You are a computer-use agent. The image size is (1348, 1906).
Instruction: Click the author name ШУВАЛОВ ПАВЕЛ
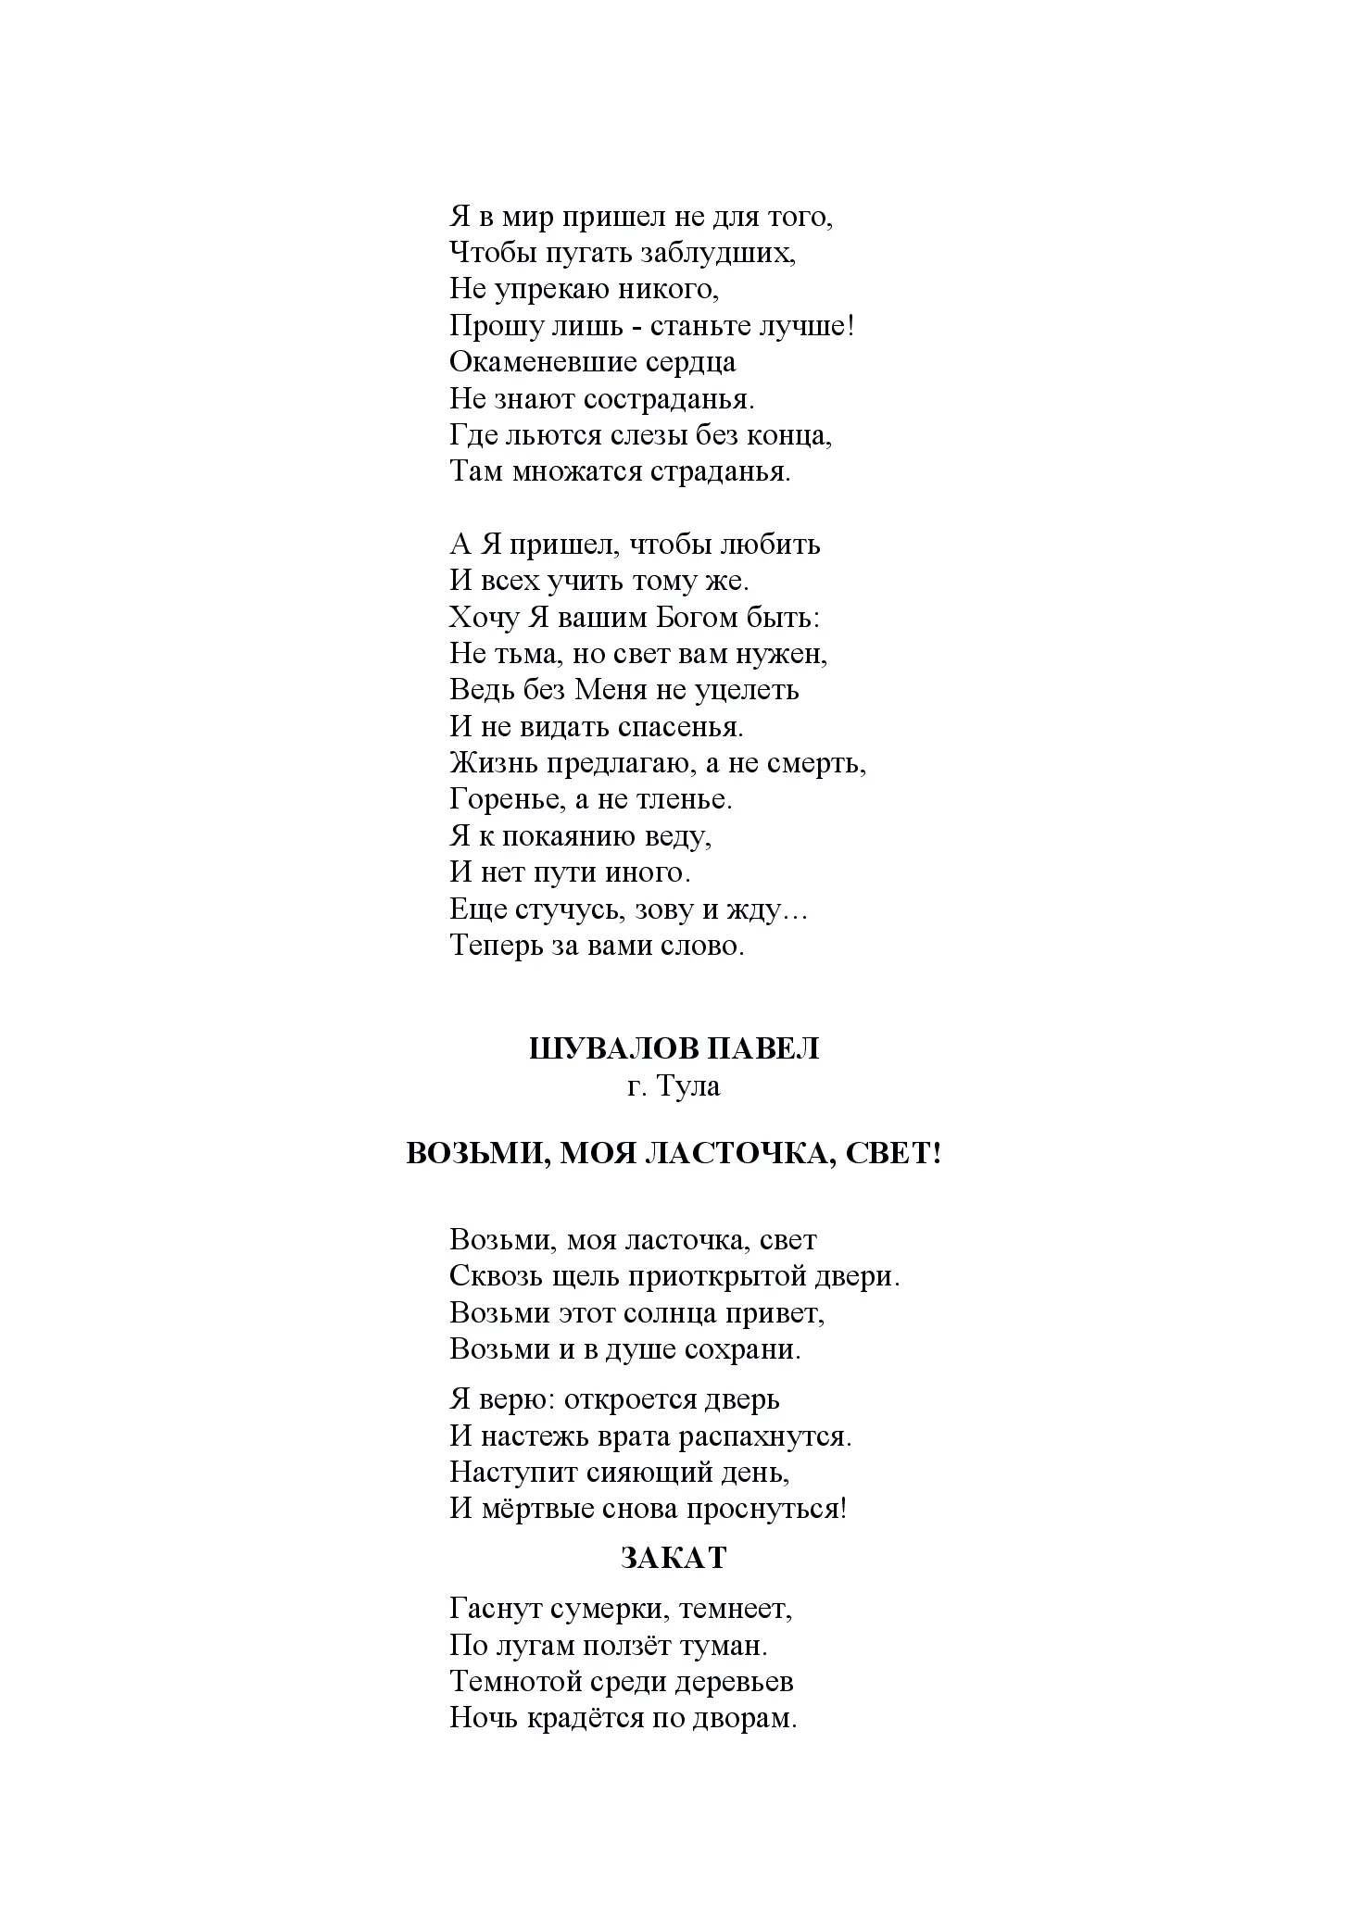click(674, 1048)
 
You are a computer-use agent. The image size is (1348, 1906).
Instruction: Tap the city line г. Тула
click(674, 1085)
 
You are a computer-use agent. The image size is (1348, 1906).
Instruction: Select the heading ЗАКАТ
click(674, 1559)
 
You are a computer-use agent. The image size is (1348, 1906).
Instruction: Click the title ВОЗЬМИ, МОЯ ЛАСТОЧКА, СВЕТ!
click(674, 1154)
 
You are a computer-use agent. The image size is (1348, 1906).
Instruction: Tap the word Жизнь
click(488, 763)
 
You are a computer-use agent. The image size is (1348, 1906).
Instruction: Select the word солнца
click(630, 1313)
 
